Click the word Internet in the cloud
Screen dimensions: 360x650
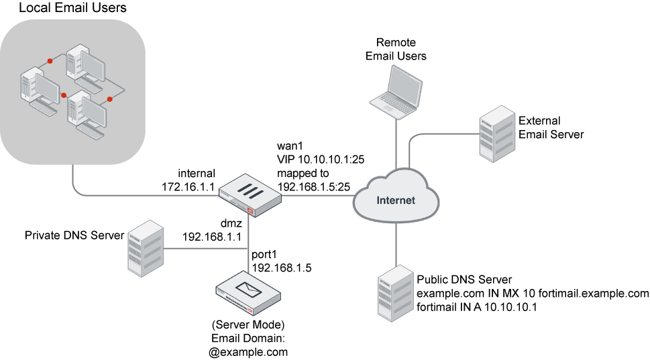(396, 200)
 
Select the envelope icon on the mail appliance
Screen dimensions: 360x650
(248, 290)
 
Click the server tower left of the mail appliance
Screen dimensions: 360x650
(146, 248)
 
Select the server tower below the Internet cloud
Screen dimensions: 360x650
(395, 293)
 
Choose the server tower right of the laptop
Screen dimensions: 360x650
(497, 133)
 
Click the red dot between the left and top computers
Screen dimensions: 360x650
(50, 61)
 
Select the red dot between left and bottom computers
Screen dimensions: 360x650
(64, 95)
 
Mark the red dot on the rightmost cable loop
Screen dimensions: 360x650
(110, 99)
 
